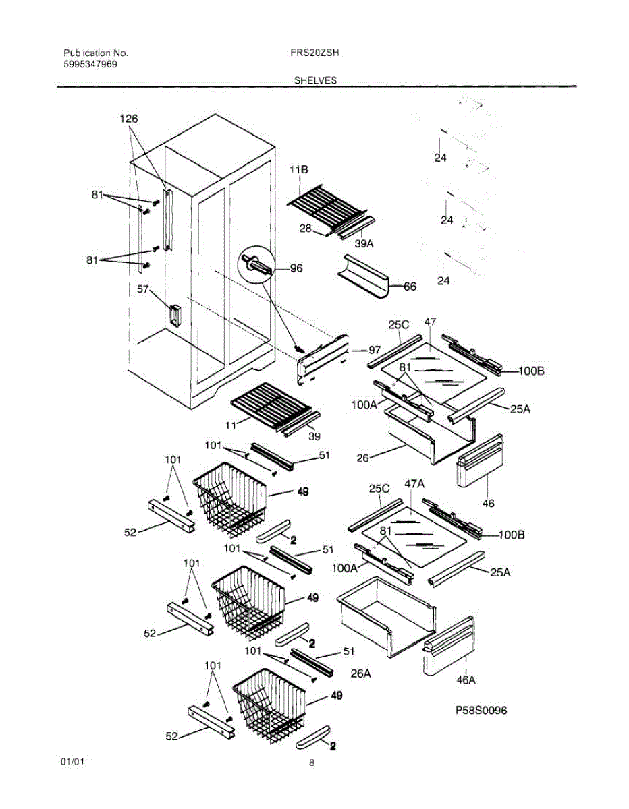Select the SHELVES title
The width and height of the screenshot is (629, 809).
[x=314, y=80]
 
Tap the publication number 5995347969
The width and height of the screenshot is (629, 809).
[x=90, y=65]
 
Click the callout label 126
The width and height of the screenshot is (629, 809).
[x=129, y=119]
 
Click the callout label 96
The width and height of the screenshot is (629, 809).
[x=296, y=268]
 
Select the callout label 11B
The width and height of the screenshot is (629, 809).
[x=298, y=171]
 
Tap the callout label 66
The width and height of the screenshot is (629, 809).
[x=410, y=287]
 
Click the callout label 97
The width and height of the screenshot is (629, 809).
[x=375, y=350]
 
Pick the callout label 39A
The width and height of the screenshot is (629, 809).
[x=364, y=243]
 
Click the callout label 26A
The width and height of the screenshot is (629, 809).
[x=360, y=673]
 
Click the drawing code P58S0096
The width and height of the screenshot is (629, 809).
[x=481, y=711]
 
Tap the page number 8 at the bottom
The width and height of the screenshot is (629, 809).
[x=312, y=763]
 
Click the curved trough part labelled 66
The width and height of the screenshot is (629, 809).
[x=367, y=276]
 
